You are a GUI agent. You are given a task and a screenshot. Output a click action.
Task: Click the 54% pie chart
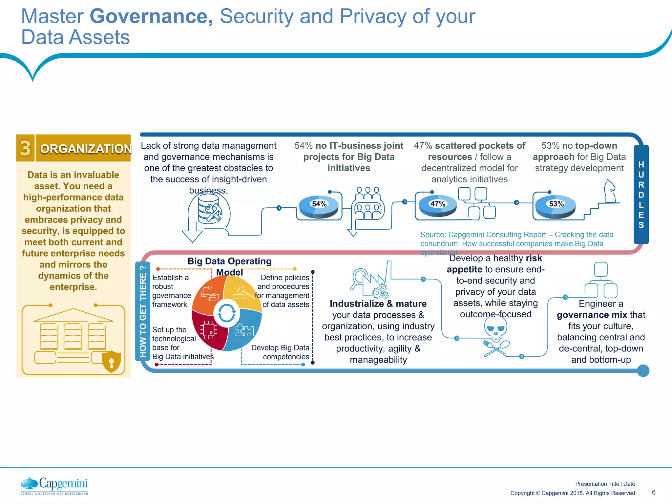[319, 206]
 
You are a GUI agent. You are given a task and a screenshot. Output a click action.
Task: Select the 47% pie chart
[437, 206]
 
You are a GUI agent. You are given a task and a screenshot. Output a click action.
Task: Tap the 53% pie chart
[556, 206]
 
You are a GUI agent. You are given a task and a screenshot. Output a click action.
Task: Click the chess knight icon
[610, 191]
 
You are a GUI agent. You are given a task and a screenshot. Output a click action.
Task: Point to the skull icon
[495, 329]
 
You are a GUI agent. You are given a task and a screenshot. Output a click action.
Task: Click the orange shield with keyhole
[112, 361]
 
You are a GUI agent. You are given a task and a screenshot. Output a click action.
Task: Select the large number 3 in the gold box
[25, 148]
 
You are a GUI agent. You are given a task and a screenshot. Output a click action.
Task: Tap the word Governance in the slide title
[151, 16]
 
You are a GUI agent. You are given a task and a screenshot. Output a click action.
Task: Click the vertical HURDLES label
[641, 195]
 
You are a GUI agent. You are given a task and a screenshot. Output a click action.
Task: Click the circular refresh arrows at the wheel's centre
[226, 313]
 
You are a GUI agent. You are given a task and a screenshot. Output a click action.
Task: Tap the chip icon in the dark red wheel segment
[209, 330]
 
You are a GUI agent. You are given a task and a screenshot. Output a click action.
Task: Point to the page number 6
[654, 492]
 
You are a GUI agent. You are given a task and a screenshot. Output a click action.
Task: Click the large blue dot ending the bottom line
[643, 371]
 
